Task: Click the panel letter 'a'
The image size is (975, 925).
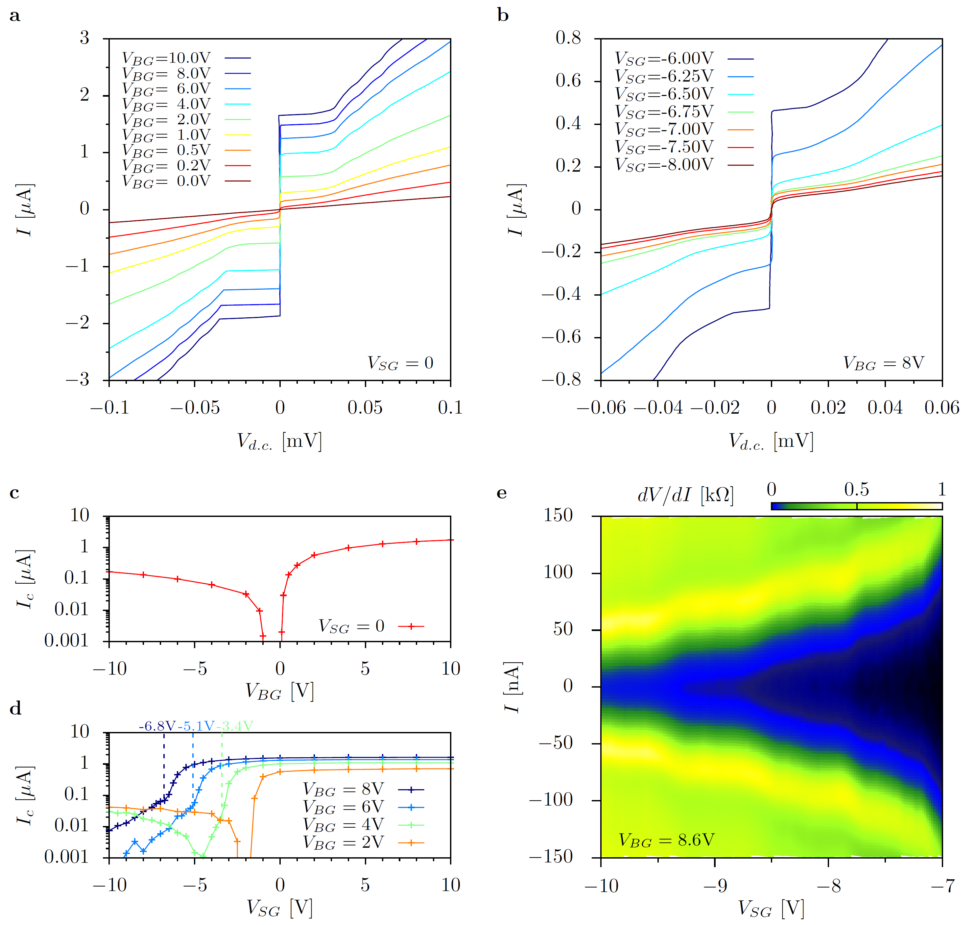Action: [x=15, y=16]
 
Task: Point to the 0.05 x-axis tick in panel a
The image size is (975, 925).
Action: [x=365, y=408]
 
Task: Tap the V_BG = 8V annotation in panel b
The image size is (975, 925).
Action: [x=883, y=363]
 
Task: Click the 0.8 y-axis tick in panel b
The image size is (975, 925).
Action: [x=568, y=37]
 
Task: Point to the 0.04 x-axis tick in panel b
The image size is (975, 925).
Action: [x=885, y=408]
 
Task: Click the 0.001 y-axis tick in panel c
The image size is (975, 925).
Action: [x=66, y=641]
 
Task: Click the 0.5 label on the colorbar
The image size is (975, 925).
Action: [x=856, y=490]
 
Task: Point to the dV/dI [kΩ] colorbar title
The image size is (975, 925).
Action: [x=685, y=495]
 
